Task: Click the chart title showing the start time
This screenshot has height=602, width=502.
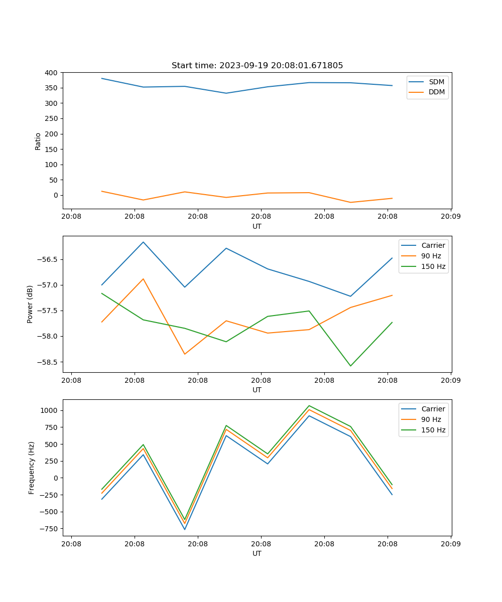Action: click(x=257, y=66)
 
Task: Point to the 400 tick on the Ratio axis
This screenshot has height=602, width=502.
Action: click(x=51, y=73)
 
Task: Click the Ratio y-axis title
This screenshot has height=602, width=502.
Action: click(x=38, y=141)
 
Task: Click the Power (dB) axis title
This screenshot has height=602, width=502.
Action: click(x=31, y=304)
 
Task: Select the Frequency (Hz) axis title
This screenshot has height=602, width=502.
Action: click(x=32, y=468)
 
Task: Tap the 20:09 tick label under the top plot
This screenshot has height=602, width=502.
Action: click(x=450, y=217)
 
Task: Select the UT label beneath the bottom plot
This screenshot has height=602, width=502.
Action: click(x=257, y=553)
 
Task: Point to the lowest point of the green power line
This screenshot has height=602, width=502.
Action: click(x=350, y=366)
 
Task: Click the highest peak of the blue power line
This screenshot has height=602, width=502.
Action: click(x=143, y=242)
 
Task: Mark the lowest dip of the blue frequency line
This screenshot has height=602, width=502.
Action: click(x=185, y=529)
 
